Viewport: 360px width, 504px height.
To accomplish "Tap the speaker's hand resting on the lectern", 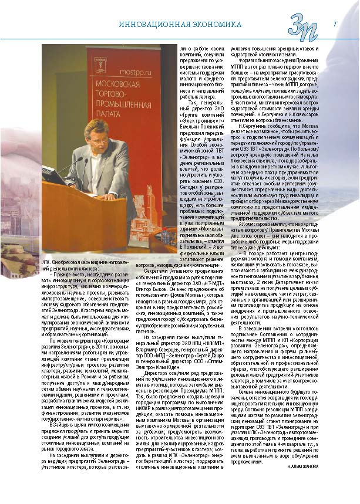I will click(x=116, y=197).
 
